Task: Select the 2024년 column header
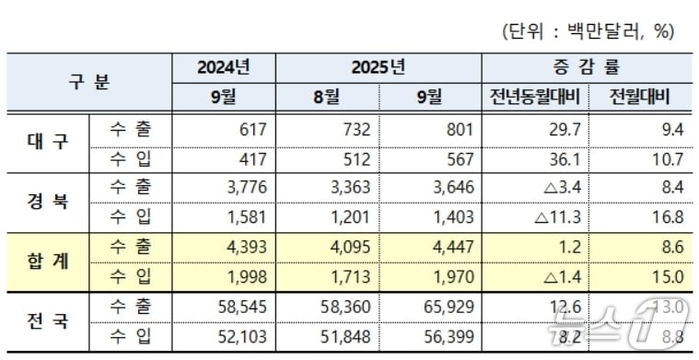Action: coord(223,67)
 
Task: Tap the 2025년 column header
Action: coord(378,67)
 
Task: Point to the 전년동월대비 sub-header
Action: coord(534,97)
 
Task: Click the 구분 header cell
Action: coord(89,81)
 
